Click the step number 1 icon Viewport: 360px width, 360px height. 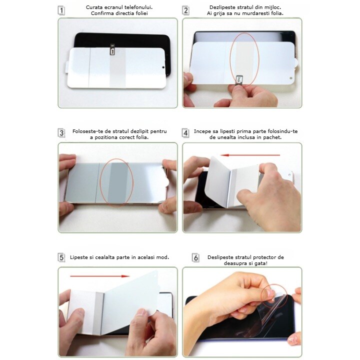pyautogui.click(x=61, y=10)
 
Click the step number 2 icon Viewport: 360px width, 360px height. pyautogui.click(x=185, y=10)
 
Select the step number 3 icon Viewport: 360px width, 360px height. pyautogui.click(x=61, y=133)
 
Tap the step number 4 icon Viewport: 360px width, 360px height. pyautogui.click(x=185, y=133)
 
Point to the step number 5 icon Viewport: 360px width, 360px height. pyautogui.click(x=61, y=257)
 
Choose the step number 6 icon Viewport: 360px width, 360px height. pyautogui.click(x=195, y=258)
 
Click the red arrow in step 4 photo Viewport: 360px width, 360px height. pyautogui.click(x=250, y=155)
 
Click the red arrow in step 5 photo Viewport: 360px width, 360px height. pyautogui.click(x=99, y=276)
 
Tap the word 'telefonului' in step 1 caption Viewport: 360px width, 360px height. pyautogui.click(x=138, y=7)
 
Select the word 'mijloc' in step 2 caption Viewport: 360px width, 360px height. pyautogui.click(x=273, y=7)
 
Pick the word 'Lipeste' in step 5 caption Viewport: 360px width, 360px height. pyautogui.click(x=78, y=257)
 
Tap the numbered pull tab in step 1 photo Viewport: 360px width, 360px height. pyautogui.click(x=112, y=50)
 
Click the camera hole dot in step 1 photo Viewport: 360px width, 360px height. pyautogui.click(x=163, y=67)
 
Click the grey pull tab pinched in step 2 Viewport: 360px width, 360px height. pyautogui.click(x=239, y=79)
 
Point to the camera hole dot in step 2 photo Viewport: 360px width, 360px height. pyautogui.click(x=291, y=78)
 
